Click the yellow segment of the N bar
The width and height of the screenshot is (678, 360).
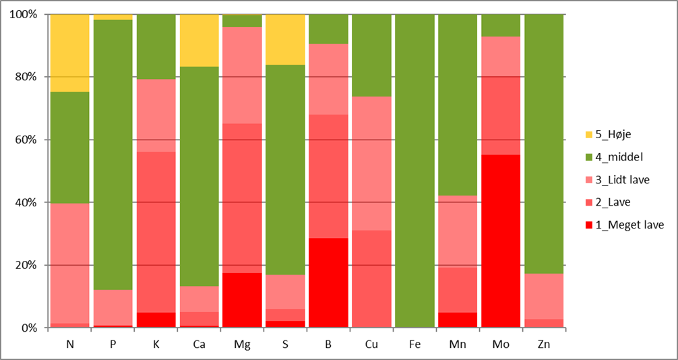(x=69, y=53)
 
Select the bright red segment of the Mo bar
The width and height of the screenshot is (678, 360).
(x=501, y=241)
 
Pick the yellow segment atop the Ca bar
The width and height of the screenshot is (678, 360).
(x=199, y=40)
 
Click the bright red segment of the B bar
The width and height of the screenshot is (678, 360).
(x=328, y=282)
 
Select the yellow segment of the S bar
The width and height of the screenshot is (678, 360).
(x=285, y=39)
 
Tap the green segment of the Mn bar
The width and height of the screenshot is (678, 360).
(x=458, y=104)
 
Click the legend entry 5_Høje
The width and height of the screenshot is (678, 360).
(x=613, y=133)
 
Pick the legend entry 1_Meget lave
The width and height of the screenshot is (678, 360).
(x=625, y=224)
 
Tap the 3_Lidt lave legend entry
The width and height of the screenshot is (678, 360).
(x=621, y=179)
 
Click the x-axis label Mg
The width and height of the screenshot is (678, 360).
(x=242, y=344)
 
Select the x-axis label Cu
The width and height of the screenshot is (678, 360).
(x=371, y=344)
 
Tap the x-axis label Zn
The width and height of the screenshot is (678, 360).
(x=544, y=344)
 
